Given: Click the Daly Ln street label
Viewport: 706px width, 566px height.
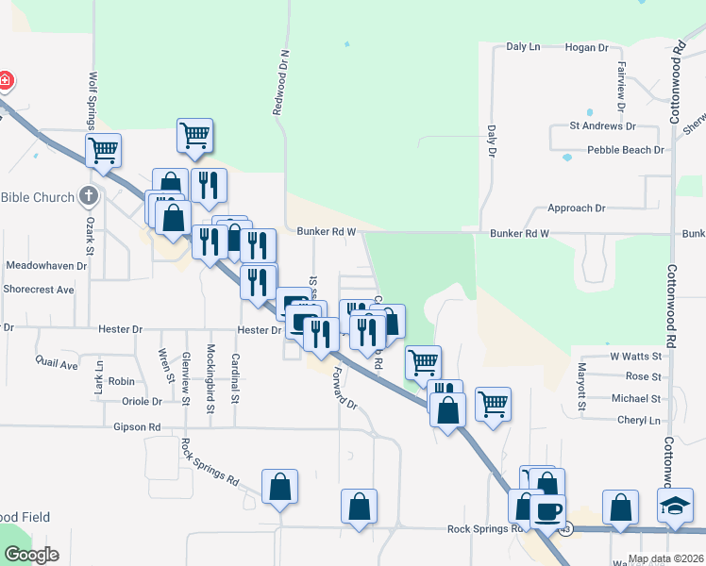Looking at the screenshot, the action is coord(523,46).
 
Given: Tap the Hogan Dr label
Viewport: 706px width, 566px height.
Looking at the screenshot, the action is coord(585,47).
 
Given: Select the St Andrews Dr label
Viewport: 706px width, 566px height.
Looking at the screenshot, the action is coord(602,125).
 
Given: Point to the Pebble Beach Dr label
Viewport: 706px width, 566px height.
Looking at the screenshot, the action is coord(626,150).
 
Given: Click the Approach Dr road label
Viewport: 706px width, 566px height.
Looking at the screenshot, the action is coord(576,208).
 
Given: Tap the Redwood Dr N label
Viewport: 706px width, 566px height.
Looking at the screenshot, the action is coord(280,84).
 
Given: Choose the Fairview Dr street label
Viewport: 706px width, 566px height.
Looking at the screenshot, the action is coord(621,80).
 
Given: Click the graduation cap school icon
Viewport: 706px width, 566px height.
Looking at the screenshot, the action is coord(675,507).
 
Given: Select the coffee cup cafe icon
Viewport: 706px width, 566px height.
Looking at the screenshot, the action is coord(547,512).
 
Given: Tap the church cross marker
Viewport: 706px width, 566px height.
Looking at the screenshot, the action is coord(89,197).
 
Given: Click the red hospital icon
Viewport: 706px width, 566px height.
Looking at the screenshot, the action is coord(5,81).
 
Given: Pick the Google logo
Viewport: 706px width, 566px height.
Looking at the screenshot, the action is coord(31,555).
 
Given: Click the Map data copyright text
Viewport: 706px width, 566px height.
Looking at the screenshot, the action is coord(665,558).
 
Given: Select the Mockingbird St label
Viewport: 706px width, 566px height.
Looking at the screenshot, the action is coord(211,374).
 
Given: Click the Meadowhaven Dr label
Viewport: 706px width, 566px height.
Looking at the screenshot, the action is coord(46,266).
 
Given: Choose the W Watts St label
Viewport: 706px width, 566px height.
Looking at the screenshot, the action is coord(635,356).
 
